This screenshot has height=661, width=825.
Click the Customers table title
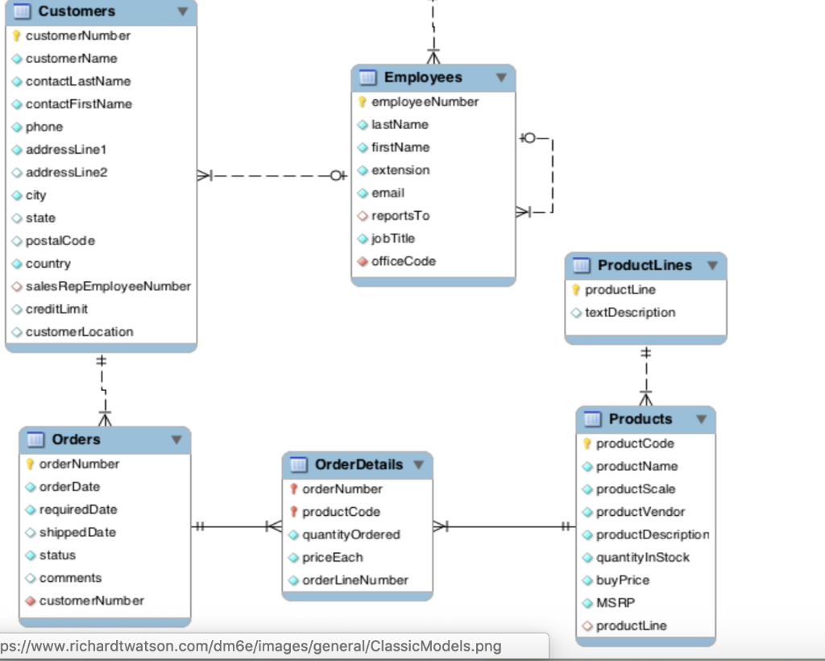click(77, 11)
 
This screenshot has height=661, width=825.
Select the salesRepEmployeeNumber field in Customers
click(108, 286)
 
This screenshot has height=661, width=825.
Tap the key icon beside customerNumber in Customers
click(16, 35)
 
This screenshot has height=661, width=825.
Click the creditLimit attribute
click(56, 309)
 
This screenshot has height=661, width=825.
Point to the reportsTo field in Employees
click(400, 216)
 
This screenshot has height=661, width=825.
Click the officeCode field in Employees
click(403, 261)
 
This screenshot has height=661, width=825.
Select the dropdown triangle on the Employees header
click(501, 77)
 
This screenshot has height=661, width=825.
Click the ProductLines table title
click(645, 265)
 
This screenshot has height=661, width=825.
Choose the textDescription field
click(630, 313)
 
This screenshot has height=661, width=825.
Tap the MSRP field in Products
click(616, 603)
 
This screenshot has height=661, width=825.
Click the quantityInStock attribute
click(643, 558)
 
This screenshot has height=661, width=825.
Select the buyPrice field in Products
click(623, 580)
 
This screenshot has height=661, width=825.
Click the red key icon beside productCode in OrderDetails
click(294, 512)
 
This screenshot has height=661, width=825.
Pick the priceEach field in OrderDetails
click(332, 558)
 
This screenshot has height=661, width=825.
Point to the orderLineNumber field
click(354, 580)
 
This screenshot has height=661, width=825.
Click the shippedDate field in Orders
click(77, 533)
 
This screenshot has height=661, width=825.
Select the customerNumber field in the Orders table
click(92, 601)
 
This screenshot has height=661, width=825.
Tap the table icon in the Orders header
click(35, 439)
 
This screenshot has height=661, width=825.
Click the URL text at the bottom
click(250, 646)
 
